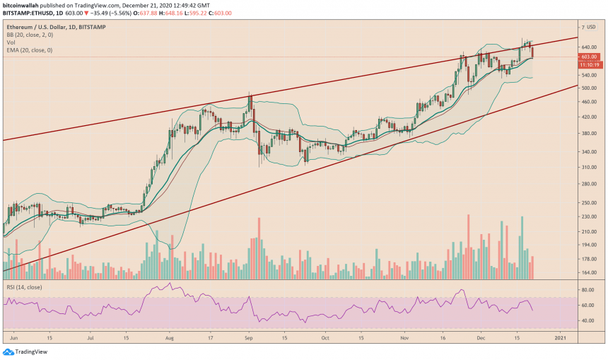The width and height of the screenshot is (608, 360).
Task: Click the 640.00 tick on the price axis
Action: click(589, 47)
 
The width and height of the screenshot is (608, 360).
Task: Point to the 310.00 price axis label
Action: click(589, 167)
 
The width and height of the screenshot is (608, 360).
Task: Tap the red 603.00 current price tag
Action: click(589, 57)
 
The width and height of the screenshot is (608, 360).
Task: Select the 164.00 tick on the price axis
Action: click(589, 272)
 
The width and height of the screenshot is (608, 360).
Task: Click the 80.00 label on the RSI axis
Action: click(587, 290)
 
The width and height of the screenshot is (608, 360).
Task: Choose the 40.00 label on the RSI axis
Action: click(587, 320)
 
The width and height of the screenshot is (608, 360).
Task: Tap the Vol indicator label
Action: click(11, 41)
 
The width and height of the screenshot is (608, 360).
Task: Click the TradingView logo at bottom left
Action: click(21, 352)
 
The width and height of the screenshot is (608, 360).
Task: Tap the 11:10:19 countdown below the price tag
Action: click(589, 64)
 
